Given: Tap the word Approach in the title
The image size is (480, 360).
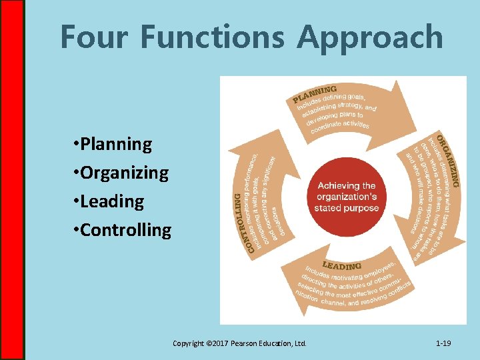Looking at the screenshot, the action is (371, 37).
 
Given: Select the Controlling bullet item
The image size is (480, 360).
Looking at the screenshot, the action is (126, 230).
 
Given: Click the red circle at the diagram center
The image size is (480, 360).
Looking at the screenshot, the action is (346, 197).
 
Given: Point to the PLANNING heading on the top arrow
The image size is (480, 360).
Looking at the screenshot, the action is (314, 94).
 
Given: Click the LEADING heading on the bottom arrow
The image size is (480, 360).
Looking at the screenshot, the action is (342, 266).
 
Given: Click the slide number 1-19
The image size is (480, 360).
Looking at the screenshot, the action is (443, 343).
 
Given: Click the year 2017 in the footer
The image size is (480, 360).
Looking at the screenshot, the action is (221, 343).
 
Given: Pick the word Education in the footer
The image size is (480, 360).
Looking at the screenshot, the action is (279, 343).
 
